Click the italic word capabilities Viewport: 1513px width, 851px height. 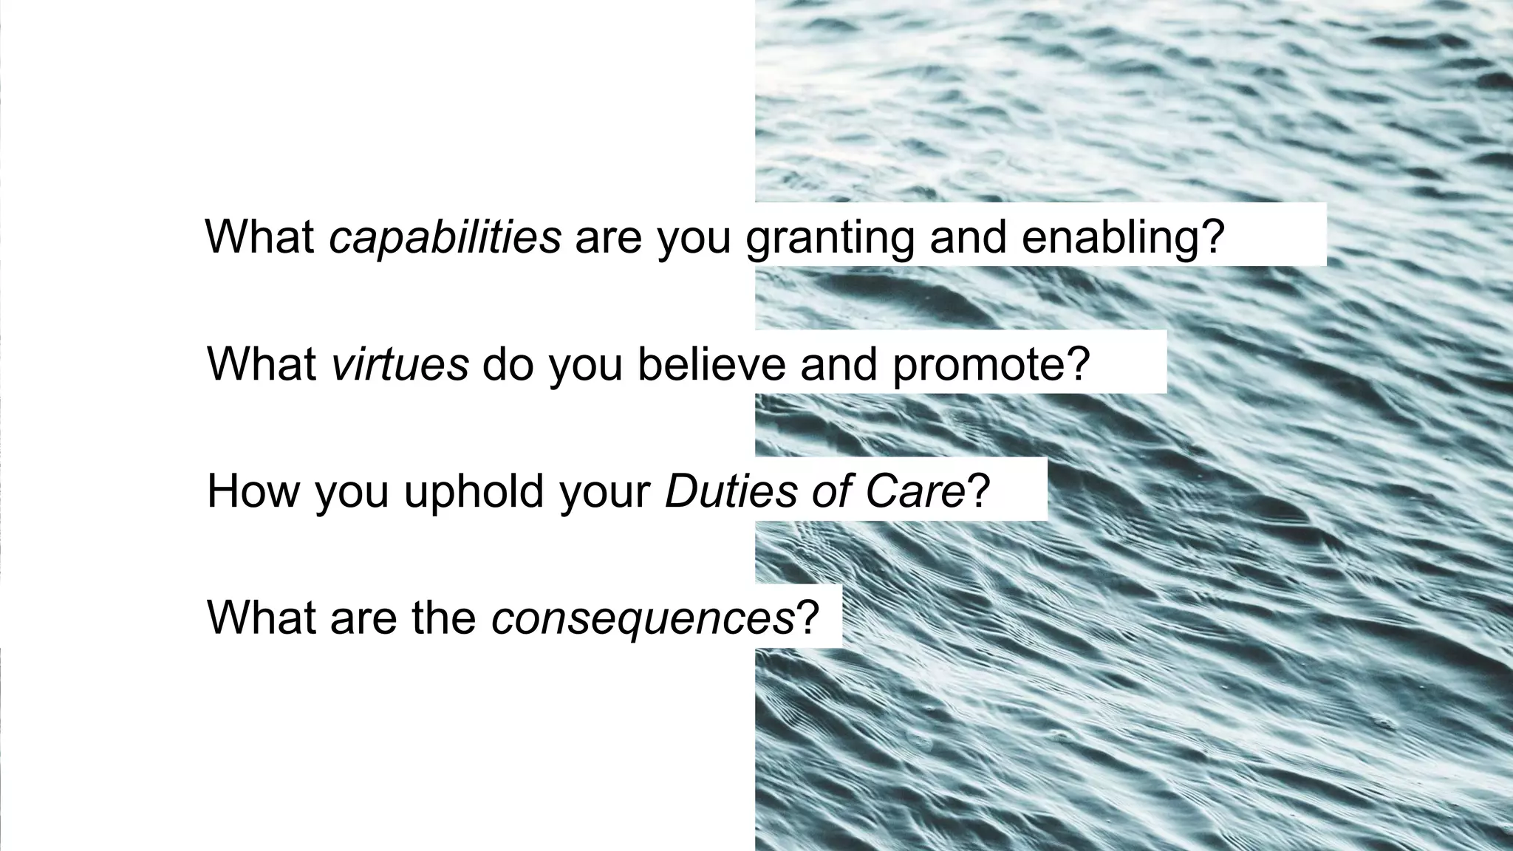[445, 237]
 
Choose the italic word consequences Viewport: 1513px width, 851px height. [642, 618]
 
